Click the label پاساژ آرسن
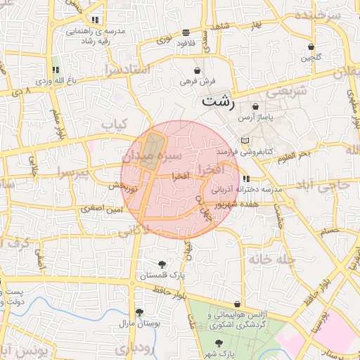pos(255,117)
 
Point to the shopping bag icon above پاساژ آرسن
pos(255,106)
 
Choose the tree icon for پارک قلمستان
pos(162,264)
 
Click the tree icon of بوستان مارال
pos(140,312)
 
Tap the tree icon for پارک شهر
pos(221,344)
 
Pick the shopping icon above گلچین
pos(311,47)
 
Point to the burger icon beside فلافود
pos(186,32)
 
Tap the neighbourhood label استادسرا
pos(127,69)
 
